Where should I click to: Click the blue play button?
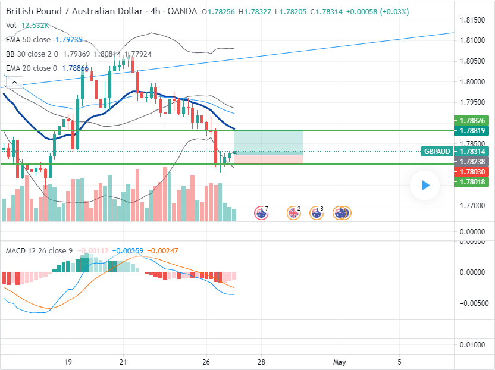(424, 186)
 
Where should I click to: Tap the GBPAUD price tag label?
(437, 152)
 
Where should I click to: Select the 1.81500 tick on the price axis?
(474, 20)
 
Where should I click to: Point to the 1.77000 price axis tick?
(474, 205)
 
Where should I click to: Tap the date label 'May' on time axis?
(340, 362)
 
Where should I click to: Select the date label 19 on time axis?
(68, 362)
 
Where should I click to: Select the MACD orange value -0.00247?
(162, 251)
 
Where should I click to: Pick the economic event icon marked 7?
(261, 212)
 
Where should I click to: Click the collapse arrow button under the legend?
(14, 83)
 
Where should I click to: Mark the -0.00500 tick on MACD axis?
(474, 302)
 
